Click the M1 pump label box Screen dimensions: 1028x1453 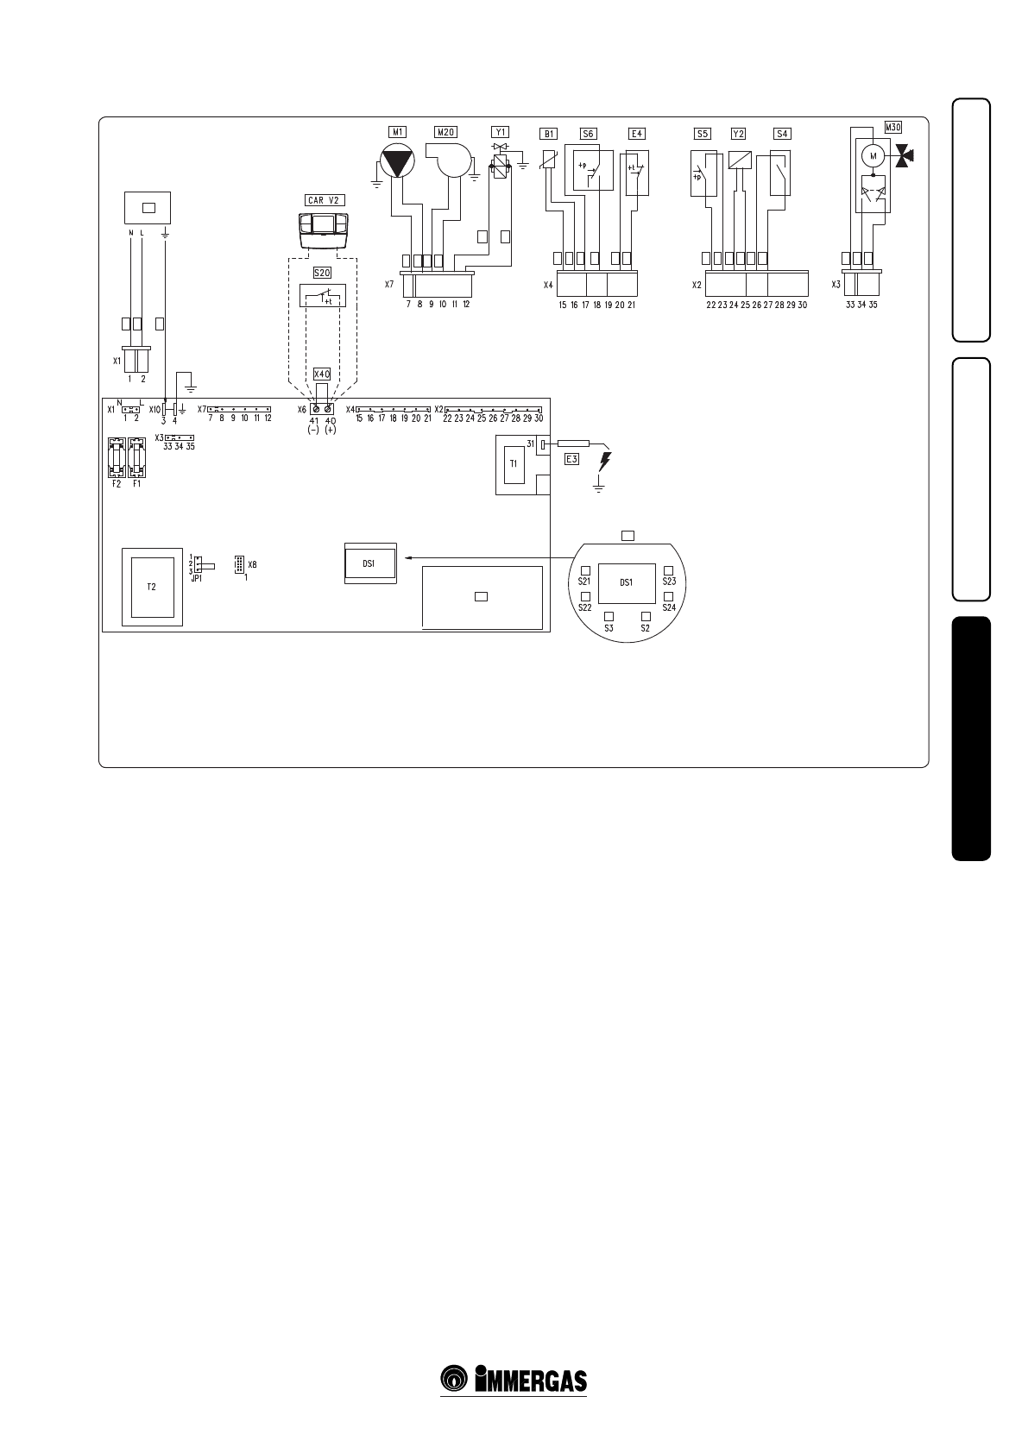tap(397, 132)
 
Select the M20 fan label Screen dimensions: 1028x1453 tap(445, 132)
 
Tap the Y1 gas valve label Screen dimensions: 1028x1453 tap(501, 132)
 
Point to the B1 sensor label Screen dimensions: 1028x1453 tap(548, 134)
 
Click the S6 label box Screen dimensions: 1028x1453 tap(588, 134)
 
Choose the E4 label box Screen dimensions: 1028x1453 tap(636, 134)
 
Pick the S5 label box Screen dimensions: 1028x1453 tap(703, 134)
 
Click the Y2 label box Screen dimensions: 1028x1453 tap(738, 134)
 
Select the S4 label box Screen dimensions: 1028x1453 tap(782, 134)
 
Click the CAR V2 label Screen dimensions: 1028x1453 tap(325, 200)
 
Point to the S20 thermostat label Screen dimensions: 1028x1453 tap(321, 273)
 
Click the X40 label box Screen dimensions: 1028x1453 tap(322, 374)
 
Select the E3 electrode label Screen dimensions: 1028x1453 tap(571, 459)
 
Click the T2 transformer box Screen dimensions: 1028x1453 tap(151, 586)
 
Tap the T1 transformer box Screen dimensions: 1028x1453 tap(514, 463)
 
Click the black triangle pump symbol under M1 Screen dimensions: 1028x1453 tap(397, 162)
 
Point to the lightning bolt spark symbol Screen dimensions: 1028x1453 tap(605, 461)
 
